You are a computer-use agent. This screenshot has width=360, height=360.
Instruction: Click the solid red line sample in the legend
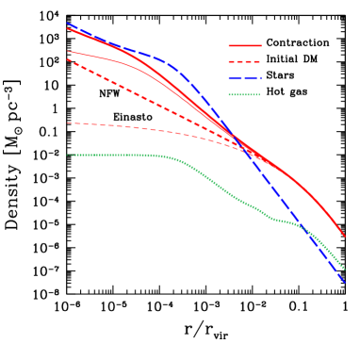tap(244, 45)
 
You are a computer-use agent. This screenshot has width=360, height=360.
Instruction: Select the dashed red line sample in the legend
tap(244, 62)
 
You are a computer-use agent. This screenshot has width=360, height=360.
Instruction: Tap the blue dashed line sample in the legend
tap(244, 78)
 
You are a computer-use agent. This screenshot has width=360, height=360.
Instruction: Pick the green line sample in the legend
tap(244, 94)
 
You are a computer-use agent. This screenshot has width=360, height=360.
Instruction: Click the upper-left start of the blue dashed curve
tap(68, 24)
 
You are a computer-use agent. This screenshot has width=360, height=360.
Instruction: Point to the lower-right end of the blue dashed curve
tap(345, 282)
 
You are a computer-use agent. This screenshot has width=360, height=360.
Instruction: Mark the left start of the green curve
tap(68, 155)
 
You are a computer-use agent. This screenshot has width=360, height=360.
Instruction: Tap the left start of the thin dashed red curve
tap(68, 123)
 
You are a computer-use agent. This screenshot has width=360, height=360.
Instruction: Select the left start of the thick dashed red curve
tap(68, 59)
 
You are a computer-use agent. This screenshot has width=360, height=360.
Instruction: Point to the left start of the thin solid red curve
tap(68, 51)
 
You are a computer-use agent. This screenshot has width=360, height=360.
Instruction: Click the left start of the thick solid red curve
tap(68, 29)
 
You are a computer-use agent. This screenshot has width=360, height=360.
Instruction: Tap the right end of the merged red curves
tap(344, 236)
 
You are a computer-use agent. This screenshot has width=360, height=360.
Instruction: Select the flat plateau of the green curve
tap(113, 155)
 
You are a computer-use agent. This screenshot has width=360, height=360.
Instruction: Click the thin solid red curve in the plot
tap(123, 61)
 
